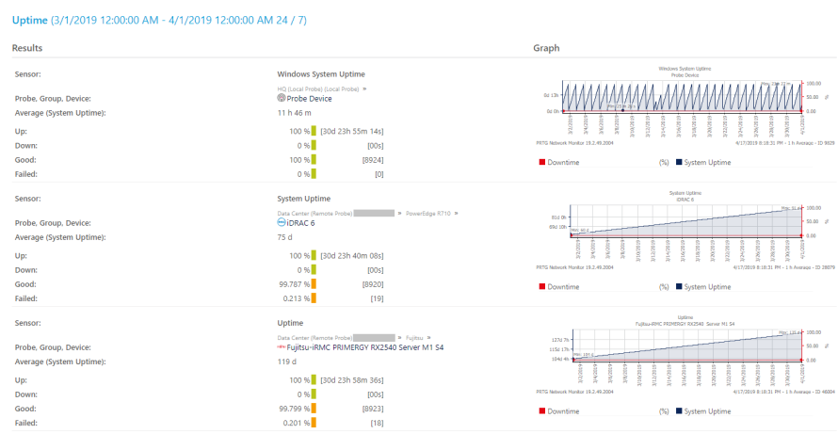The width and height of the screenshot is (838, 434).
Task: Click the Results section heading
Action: click(x=27, y=48)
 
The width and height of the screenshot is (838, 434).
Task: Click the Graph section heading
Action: click(x=546, y=48)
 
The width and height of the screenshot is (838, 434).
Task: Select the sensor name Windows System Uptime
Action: click(x=320, y=73)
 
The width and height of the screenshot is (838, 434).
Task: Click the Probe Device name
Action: click(x=309, y=98)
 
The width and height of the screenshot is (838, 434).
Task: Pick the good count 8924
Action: click(x=372, y=160)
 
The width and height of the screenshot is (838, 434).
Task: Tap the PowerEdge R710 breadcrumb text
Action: click(x=429, y=214)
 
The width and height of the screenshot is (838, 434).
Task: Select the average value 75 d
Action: click(x=286, y=238)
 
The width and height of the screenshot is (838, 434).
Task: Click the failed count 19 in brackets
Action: click(x=376, y=299)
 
